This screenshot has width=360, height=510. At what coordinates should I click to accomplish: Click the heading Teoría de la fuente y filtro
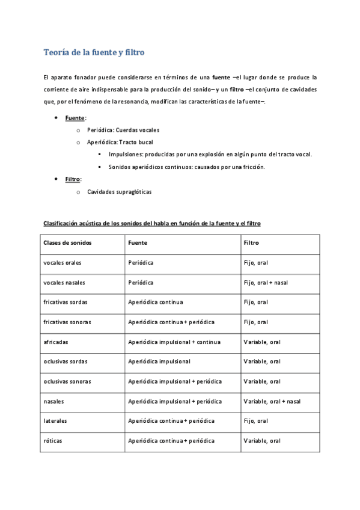(x=94, y=53)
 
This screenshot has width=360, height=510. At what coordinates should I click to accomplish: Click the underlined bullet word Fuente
(x=75, y=118)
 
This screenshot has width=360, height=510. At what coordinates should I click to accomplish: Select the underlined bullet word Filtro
(x=73, y=179)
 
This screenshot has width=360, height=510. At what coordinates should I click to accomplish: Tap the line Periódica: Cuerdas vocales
(x=123, y=130)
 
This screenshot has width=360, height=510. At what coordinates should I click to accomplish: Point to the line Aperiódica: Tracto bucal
(x=120, y=143)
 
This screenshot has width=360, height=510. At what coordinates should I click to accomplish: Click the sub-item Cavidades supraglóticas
(x=120, y=192)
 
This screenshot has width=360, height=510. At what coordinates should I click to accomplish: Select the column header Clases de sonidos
(x=68, y=243)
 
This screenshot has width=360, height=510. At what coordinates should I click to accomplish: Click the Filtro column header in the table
(x=252, y=243)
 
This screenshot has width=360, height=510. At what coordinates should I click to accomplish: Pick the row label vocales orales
(x=63, y=263)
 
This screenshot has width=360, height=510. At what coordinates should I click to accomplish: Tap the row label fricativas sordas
(x=66, y=302)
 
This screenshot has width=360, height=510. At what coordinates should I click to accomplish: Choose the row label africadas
(x=56, y=342)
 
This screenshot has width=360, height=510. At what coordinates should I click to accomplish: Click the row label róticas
(x=53, y=441)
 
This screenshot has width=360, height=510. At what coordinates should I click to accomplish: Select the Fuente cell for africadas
(x=174, y=342)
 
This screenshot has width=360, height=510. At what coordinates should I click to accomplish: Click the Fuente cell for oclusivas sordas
(x=159, y=361)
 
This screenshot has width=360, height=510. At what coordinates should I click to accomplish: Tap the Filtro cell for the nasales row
(x=272, y=401)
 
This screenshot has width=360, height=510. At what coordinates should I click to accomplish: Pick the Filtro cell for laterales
(x=256, y=421)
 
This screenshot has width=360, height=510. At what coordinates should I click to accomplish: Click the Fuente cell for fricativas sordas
(x=156, y=302)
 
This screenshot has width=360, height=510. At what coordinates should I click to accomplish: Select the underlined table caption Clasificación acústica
(x=151, y=223)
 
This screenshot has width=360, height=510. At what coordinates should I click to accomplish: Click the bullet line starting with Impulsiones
(x=210, y=155)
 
